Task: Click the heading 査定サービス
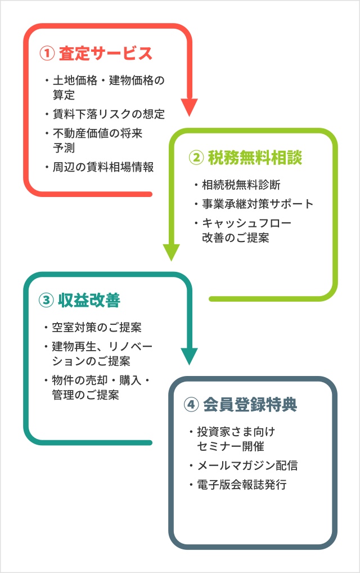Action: pos(105,53)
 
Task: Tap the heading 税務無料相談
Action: pos(254,158)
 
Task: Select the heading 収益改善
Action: pos(89,300)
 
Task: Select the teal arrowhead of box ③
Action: pos(189,356)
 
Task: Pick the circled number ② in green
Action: pos(196,158)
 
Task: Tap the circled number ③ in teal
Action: pos(46,300)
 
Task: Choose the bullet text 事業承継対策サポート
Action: pos(257,204)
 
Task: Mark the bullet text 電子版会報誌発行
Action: pos(241,484)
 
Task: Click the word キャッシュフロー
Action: pos(246,223)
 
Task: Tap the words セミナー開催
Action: pos(230,446)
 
